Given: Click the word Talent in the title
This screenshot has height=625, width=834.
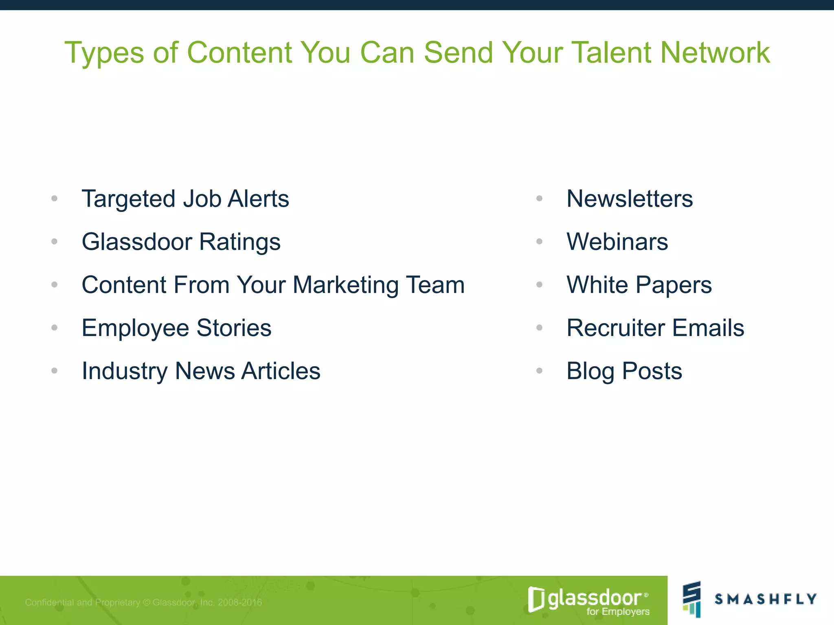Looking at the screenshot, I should [x=612, y=53].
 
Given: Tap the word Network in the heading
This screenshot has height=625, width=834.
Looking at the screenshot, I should [x=715, y=53].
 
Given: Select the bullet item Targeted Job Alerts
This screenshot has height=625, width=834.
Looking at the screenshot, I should [x=185, y=199].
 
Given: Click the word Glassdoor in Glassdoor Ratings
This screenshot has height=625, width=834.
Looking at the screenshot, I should [x=137, y=242].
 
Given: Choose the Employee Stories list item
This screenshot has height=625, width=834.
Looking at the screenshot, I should [x=176, y=328].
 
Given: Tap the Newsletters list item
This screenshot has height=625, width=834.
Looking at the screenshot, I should [x=630, y=199].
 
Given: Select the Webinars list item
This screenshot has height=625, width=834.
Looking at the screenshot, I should [x=617, y=242].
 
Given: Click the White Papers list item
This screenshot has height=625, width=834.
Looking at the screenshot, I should [x=639, y=285].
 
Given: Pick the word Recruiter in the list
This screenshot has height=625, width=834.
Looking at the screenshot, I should [x=615, y=328].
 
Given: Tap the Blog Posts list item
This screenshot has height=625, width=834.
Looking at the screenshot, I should [x=624, y=371].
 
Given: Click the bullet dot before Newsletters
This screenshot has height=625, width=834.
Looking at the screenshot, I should [x=540, y=199].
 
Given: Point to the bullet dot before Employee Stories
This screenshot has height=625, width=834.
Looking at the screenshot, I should [x=55, y=328].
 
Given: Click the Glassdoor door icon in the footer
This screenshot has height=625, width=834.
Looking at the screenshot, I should [x=536, y=599].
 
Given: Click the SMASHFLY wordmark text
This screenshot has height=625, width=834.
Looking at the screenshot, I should [x=766, y=599].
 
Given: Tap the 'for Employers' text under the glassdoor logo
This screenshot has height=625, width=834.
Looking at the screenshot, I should [x=618, y=612].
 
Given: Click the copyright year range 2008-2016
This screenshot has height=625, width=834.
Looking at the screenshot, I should [x=240, y=602].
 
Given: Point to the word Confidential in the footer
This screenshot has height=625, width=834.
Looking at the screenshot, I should [x=50, y=602].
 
